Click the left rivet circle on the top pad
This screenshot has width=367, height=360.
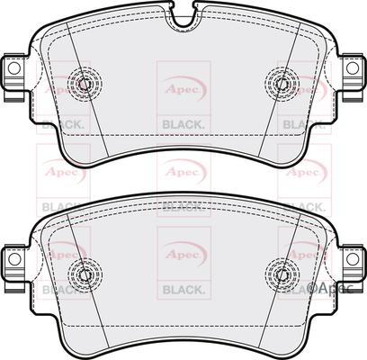point(84,84)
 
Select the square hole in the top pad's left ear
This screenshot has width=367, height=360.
point(13,68)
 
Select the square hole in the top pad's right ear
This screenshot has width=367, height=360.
point(352,68)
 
